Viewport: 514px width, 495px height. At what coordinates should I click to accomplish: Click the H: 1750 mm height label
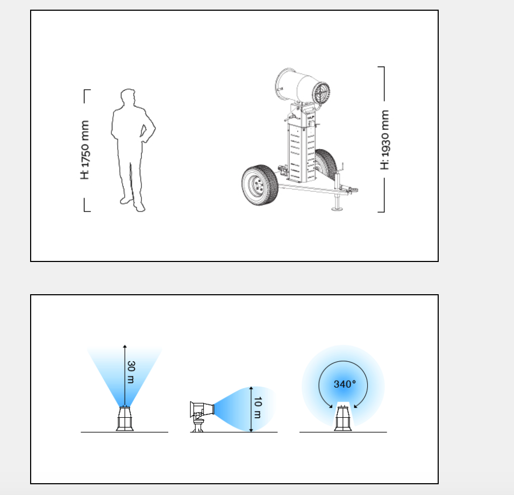tap(84, 150)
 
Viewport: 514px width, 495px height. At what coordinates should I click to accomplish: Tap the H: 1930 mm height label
tap(384, 140)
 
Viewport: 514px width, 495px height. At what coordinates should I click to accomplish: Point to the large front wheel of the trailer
tap(260, 185)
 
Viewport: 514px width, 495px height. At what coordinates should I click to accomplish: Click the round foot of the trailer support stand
tap(337, 208)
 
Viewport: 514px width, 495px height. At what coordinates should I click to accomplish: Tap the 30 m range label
tap(131, 372)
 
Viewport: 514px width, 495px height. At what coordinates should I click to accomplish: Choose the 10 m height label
tap(258, 407)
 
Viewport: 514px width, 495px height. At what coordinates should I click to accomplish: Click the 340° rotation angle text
tap(345, 384)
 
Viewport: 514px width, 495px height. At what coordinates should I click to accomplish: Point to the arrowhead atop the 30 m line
tap(125, 346)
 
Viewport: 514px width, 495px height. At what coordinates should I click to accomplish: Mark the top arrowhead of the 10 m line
tap(251, 388)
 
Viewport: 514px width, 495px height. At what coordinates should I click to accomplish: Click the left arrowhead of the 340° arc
tap(331, 406)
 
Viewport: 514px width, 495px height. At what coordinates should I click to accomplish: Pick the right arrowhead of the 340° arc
tap(356, 406)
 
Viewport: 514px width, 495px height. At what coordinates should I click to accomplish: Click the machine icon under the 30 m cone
tap(125, 419)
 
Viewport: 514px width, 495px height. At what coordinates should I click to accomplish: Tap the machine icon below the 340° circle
tap(343, 418)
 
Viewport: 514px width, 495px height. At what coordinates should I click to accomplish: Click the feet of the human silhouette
tap(133, 205)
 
